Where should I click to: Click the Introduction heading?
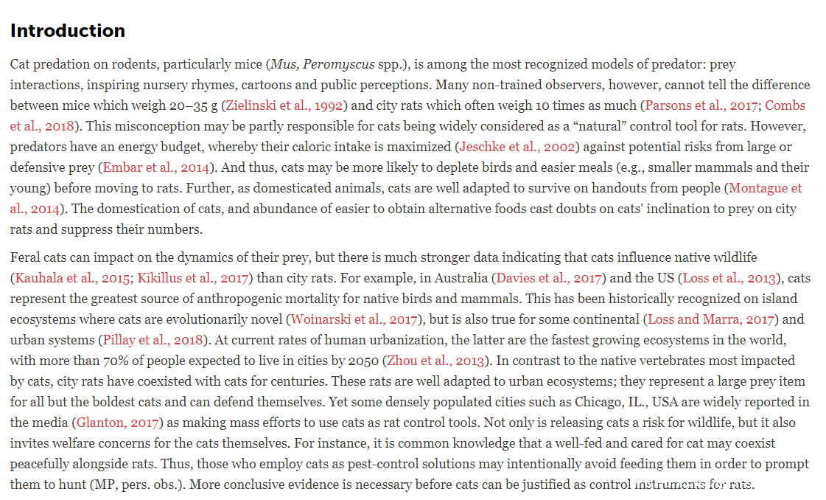68,31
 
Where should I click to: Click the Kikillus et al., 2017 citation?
195,278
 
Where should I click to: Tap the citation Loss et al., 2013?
729,278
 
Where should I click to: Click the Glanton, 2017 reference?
118,423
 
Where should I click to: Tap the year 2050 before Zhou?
363,361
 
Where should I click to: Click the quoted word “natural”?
556,126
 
